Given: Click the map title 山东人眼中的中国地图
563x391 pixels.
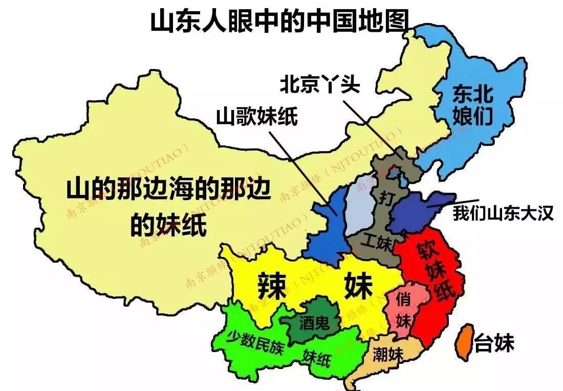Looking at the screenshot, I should tap(280, 21).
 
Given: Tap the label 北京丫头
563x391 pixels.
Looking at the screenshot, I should tap(319, 84).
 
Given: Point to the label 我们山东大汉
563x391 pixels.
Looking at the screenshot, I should tap(503, 213).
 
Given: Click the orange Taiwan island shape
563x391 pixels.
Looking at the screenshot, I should tap(464, 340).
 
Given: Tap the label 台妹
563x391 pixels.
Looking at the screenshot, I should tap(494, 343).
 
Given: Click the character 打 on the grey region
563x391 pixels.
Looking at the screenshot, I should tap(385, 198).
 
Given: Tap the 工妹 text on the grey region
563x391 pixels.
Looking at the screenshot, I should tap(378, 242).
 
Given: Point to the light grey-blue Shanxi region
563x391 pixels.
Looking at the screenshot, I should tap(360, 205).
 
